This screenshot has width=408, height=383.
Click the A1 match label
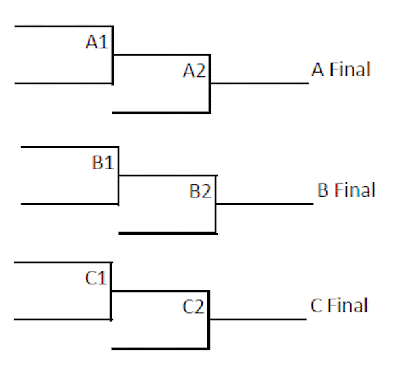click(97, 42)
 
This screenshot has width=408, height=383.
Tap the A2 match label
click(194, 71)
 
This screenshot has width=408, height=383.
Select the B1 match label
click(103, 163)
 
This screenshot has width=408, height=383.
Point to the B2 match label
click(201, 191)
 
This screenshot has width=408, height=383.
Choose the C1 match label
click(96, 278)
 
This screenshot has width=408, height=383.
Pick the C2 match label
click(193, 307)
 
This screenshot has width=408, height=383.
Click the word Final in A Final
click(350, 69)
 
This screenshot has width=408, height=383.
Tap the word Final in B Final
click(355, 190)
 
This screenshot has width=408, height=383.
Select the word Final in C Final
click(347, 305)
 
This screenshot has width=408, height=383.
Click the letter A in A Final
click(318, 69)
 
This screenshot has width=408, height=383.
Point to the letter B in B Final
click(323, 190)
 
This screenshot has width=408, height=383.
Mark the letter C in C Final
click(316, 305)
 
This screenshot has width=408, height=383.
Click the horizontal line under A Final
click(260, 84)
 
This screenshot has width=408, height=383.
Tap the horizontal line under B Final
click(265, 204)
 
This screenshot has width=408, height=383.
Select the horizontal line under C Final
click(258, 320)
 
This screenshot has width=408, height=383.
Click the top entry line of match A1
click(64, 27)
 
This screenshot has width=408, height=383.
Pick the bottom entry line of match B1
click(70, 204)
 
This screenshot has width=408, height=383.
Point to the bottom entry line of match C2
click(160, 348)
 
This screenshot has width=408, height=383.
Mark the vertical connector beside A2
click(209, 84)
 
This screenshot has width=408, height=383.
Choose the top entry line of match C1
click(63, 263)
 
